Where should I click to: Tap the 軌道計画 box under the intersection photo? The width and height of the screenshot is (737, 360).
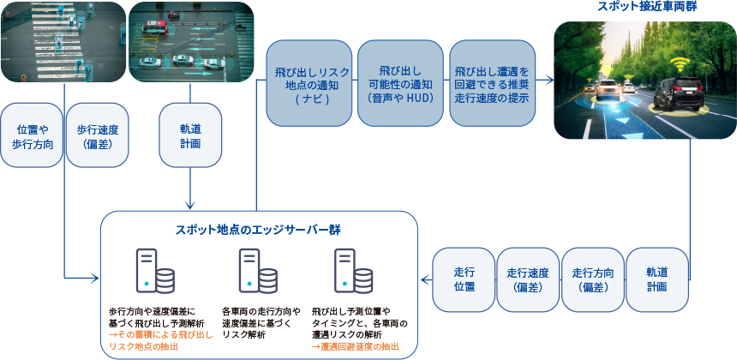(x=190, y=135)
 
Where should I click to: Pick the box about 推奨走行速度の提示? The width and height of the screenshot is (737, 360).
(x=489, y=83)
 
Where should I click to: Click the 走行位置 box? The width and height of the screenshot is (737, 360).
(x=464, y=279)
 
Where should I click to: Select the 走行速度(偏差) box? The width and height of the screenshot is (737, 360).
(x=528, y=279)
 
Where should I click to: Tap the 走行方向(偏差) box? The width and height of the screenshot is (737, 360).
(x=592, y=279)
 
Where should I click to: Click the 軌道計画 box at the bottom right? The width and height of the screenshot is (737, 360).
(x=657, y=279)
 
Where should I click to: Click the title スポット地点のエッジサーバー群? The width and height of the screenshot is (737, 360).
(x=259, y=229)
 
